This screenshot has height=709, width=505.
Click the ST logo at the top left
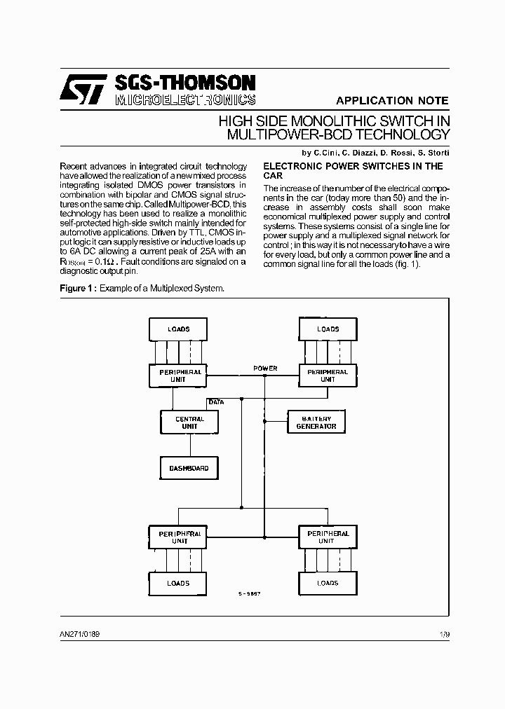pos(82,89)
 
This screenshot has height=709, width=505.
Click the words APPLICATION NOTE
pos(392,100)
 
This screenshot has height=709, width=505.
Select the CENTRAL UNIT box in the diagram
pos(189,422)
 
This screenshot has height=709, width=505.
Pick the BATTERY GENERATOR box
pos(316,422)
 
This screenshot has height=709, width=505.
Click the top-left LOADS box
pos(178,329)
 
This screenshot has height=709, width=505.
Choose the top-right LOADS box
pos(328,329)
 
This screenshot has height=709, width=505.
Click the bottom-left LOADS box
pos(178,583)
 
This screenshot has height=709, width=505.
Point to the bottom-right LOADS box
pos(328,583)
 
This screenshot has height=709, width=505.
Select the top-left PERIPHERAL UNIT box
pos(178,376)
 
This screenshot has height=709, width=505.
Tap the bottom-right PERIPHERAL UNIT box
pos(328,537)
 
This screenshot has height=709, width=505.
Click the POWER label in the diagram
pos(265,369)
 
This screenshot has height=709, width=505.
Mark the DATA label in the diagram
pos(216,402)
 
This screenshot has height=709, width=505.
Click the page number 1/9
pos(444,634)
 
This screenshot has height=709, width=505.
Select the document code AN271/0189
pos(80,634)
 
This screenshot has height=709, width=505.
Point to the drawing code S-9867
pos(250,593)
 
